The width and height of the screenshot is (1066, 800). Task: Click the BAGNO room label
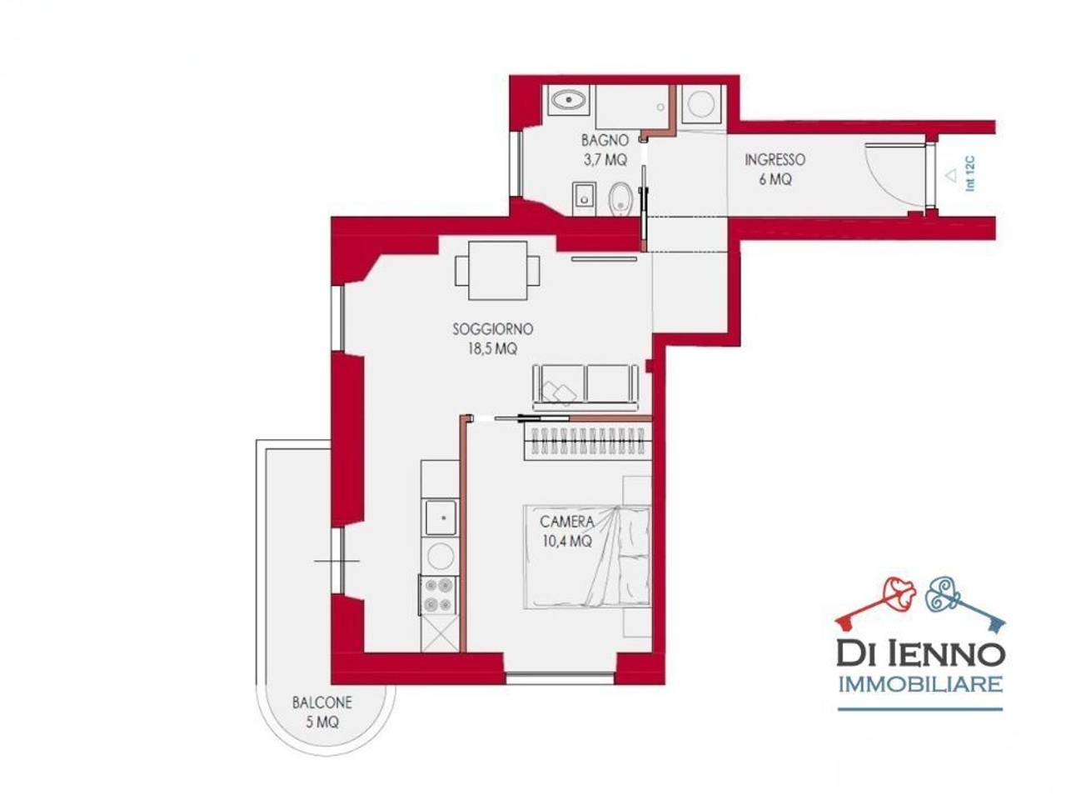605,140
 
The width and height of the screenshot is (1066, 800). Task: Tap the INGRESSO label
775,159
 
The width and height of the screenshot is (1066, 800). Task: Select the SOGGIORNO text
492,329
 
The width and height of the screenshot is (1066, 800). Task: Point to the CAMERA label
567,522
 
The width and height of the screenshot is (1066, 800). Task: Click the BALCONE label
322,702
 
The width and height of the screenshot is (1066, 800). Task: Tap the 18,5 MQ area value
492,349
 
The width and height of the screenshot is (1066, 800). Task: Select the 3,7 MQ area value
605,160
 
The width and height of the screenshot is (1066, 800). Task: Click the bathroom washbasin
569,101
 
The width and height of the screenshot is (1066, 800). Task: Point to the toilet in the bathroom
620,198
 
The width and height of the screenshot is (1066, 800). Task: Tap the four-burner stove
438,595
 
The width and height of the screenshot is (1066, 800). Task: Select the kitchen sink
441,517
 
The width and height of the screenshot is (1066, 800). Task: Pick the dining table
497,271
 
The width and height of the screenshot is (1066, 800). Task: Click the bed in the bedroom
586,557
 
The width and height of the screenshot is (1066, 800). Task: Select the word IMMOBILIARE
921,684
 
